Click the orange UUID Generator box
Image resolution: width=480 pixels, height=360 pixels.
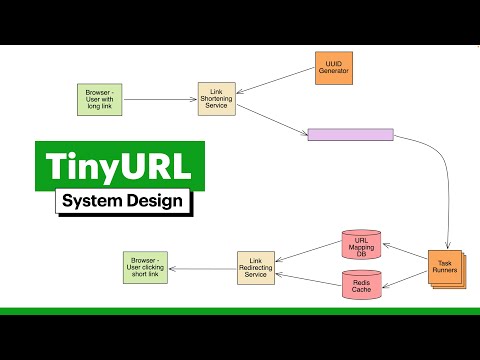[334, 68]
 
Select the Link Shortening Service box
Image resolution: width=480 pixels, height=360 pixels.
[216, 99]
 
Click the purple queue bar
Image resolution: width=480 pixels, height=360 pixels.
[350, 135]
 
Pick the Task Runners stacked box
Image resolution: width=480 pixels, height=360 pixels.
[445, 268]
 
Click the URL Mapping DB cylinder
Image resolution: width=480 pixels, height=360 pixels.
[361, 245]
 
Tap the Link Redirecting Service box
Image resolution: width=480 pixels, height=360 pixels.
[256, 267]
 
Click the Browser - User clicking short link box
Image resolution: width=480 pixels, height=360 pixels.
[145, 267]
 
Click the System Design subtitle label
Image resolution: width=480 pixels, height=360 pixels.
[122, 201]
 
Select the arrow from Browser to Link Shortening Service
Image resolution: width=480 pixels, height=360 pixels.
[160, 99]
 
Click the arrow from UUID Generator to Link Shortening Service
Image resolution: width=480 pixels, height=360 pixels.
[275, 83]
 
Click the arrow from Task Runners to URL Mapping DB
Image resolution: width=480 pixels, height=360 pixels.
[405, 254]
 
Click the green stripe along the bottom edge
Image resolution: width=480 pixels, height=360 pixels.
[240, 311]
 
